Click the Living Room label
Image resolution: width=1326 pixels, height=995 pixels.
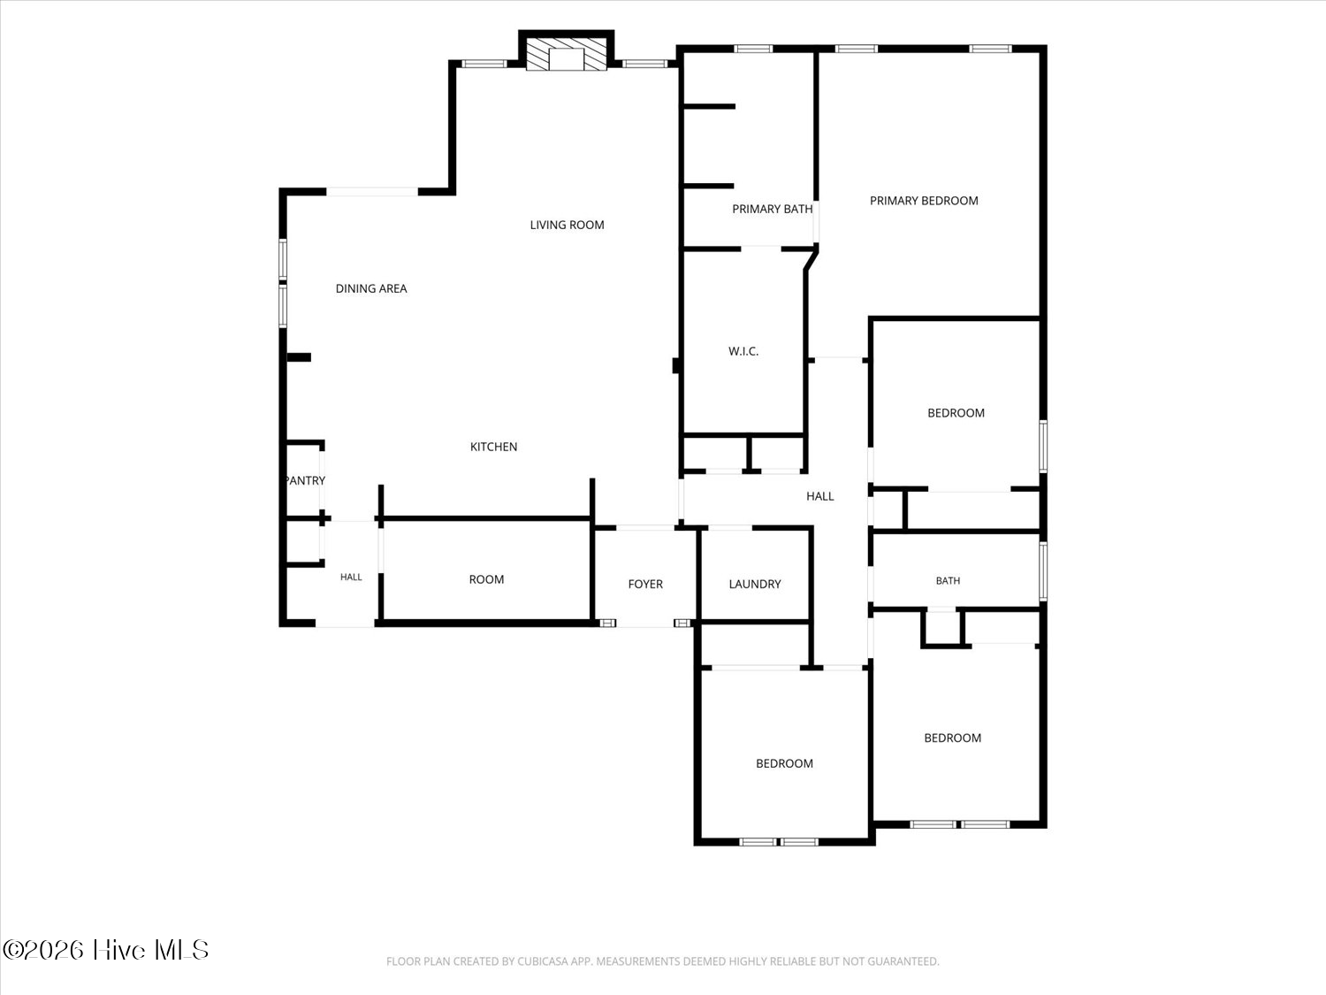coord(567,225)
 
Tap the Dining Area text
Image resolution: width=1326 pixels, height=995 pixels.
coord(371,289)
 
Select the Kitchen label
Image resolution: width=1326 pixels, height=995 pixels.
coord(493,447)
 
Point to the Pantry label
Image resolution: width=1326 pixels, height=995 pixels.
coord(305,480)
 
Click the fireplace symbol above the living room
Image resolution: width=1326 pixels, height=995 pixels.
coord(566,55)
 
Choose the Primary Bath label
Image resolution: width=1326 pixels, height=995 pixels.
coord(772,209)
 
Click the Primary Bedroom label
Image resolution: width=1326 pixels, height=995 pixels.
coord(924,201)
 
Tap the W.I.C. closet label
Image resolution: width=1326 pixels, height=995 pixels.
coord(743,351)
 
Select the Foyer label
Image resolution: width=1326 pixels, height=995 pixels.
coord(645,585)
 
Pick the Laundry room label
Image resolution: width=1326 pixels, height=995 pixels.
coord(755,585)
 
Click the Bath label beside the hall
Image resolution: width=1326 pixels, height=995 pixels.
coord(948,580)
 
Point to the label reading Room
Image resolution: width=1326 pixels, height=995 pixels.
coord(486,579)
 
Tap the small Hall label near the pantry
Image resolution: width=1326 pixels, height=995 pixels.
coord(351,577)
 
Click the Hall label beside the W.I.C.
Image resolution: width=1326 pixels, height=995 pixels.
coord(819,496)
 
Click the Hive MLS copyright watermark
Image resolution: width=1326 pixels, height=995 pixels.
coord(106,950)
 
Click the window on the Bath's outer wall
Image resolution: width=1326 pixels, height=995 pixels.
coord(1043,571)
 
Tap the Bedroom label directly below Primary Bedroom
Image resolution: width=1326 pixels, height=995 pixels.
coord(956,413)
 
